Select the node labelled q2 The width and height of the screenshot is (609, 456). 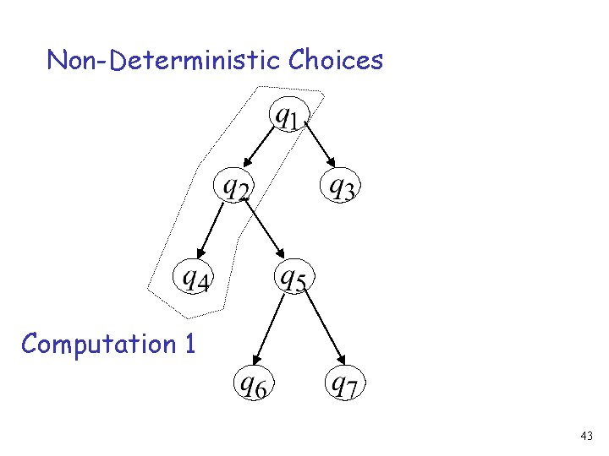coord(235,186)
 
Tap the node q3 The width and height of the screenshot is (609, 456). coord(341,186)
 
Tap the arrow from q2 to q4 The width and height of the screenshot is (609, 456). coord(211,230)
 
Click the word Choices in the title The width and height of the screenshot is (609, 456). coord(336,61)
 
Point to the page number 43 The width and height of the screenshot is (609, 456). coord(587,436)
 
